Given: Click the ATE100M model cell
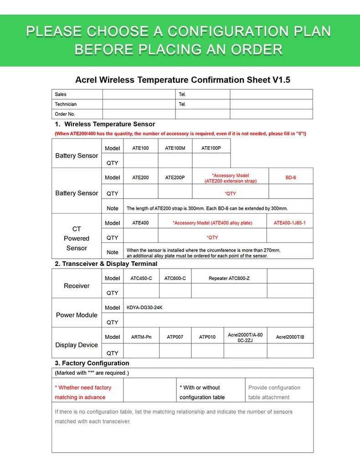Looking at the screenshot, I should click(x=175, y=148).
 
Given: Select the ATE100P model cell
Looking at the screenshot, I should click(x=211, y=148).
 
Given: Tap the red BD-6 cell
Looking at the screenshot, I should click(x=291, y=177).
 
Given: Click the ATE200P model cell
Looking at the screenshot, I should click(x=175, y=178).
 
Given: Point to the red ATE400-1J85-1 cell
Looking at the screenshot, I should click(x=290, y=223).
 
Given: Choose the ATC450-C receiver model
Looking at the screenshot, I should click(x=141, y=278).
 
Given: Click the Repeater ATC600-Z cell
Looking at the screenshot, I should click(x=229, y=278).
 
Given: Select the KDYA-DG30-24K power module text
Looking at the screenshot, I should click(x=144, y=307).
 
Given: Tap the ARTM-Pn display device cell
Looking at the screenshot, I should click(x=141, y=337).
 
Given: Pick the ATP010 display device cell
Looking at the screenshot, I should click(x=207, y=337).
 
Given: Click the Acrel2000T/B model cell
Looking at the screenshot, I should click(x=290, y=337).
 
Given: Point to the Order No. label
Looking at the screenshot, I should click(x=65, y=114).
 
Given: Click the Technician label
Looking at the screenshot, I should click(x=66, y=104).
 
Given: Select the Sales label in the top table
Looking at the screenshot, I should click(x=61, y=94).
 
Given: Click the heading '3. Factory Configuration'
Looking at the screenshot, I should click(x=92, y=363).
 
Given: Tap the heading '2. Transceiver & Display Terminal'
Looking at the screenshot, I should click(x=106, y=264).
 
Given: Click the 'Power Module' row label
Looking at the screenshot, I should click(x=77, y=315).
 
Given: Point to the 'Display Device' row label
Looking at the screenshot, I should click(x=77, y=345).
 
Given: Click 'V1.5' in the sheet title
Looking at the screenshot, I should click(x=282, y=80).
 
